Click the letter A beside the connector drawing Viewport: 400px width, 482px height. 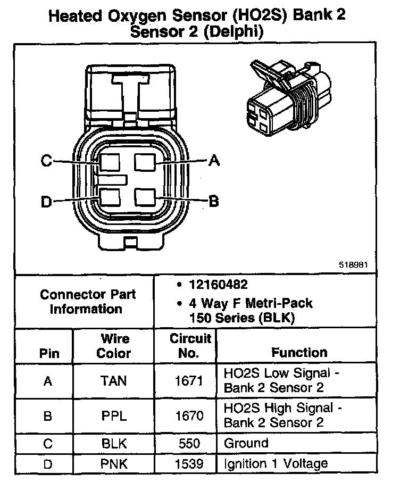point(214,160)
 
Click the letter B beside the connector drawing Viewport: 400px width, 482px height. point(214,201)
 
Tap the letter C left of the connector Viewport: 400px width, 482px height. point(47,161)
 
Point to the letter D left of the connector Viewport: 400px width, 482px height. point(46,201)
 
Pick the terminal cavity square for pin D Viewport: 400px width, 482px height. point(110,197)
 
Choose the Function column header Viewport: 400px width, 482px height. point(299,352)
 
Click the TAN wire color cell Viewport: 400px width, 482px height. point(113,381)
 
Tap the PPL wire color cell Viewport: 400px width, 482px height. point(113,416)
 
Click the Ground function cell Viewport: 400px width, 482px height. point(246,443)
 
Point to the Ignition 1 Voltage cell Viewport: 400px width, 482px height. point(276,464)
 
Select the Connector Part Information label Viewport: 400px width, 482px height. point(88,302)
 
